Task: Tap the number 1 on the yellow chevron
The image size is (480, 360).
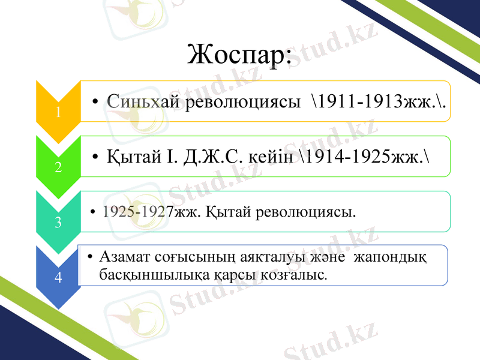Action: click(58, 112)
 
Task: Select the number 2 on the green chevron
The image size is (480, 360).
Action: click(58, 167)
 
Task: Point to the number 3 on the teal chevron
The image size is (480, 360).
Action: click(58, 223)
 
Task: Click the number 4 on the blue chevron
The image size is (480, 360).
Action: click(58, 277)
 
